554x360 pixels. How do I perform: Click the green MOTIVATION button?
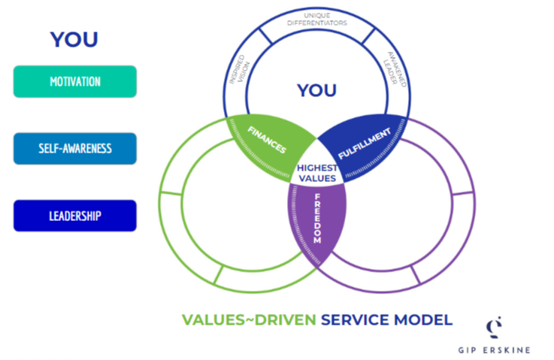point(74,81)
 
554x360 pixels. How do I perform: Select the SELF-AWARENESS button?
point(74,148)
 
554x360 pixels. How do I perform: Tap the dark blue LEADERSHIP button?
point(74,216)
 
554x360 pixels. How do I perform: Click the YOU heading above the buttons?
point(74,40)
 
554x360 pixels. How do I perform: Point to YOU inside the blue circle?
point(316,91)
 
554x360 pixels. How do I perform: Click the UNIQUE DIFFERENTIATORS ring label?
point(316,20)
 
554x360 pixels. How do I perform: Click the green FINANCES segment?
point(268,141)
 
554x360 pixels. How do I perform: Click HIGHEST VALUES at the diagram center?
point(316,173)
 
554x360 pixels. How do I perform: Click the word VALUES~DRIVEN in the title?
point(247,320)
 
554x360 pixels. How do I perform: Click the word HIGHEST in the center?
point(316,168)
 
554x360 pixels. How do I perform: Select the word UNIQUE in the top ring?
point(316,14)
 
